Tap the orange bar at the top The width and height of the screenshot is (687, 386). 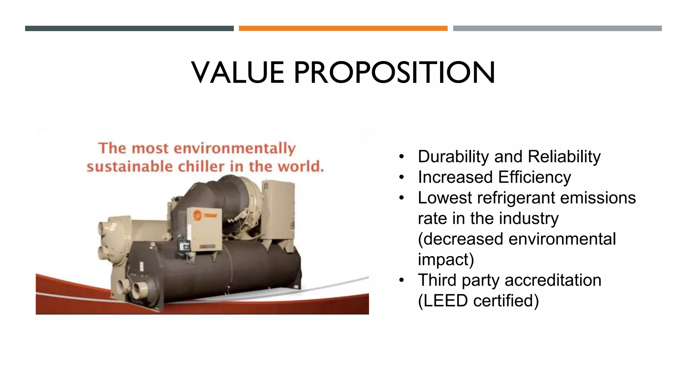click(x=343, y=28)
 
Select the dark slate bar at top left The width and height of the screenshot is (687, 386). click(x=129, y=28)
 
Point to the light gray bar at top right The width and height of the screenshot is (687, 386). click(x=557, y=28)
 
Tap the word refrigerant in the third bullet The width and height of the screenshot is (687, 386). click(x=516, y=198)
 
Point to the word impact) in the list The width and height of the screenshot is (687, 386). click(x=446, y=260)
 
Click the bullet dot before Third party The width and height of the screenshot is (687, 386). click(x=402, y=280)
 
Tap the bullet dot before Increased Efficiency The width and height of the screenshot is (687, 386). click(x=402, y=178)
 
